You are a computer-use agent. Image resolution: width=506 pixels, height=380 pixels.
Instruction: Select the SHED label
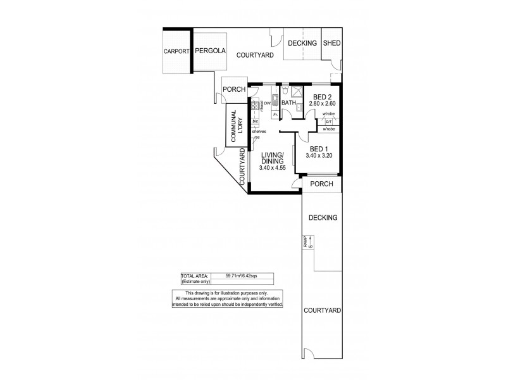[x=331, y=43]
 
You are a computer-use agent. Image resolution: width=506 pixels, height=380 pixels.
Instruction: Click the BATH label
[x=289, y=102]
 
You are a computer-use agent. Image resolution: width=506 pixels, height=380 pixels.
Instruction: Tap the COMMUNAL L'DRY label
[x=237, y=125]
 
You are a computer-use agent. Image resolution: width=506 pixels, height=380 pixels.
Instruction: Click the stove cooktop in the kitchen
[x=254, y=106]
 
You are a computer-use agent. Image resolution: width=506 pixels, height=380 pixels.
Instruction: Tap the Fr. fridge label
[x=275, y=115]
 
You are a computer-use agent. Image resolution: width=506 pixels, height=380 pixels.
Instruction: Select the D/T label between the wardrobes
[x=329, y=121]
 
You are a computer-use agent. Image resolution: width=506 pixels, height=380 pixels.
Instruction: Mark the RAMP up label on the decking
[x=307, y=241]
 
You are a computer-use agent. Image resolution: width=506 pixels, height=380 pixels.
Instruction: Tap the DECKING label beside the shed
[x=302, y=43]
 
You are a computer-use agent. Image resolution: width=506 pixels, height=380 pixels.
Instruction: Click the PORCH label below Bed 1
[x=321, y=184]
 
